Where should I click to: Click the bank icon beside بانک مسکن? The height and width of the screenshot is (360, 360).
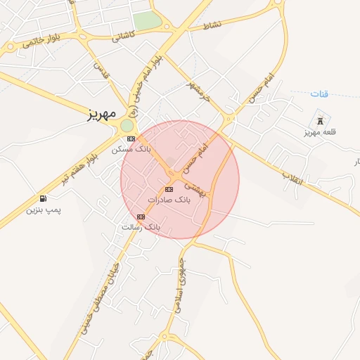(131, 139)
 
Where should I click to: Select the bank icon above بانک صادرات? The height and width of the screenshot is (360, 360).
(168, 189)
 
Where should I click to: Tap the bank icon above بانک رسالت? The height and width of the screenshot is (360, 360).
(141, 217)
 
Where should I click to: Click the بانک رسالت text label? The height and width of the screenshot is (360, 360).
(141, 227)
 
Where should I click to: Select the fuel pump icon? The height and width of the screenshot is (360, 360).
(44, 199)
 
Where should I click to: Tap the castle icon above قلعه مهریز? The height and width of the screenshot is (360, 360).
(321, 121)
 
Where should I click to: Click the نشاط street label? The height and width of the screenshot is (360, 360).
(212, 26)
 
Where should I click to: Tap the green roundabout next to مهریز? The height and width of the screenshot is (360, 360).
(127, 125)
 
